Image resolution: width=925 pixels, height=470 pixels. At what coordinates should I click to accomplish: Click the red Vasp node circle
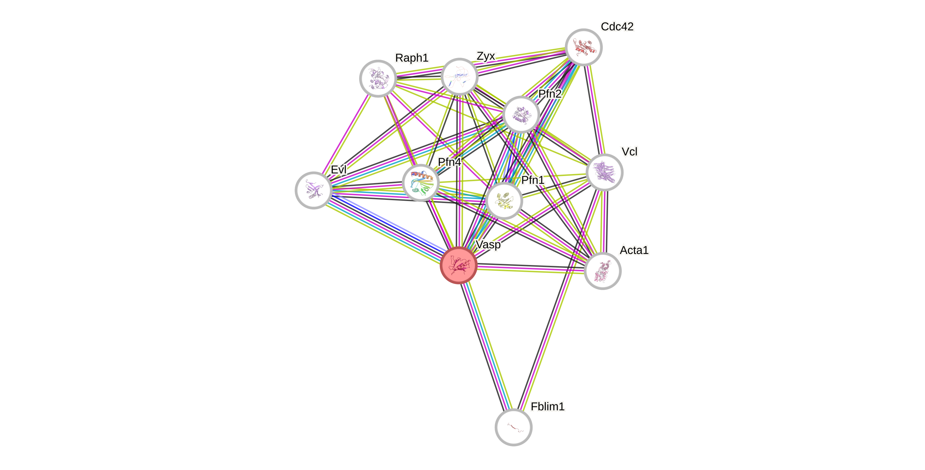point(459,265)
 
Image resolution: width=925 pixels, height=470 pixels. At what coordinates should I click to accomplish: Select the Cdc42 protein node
point(583,47)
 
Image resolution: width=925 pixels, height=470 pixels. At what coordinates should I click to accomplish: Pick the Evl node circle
point(313,190)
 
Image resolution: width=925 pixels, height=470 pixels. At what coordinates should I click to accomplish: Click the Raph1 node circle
point(378,78)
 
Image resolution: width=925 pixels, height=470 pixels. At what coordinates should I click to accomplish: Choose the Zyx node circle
point(459,76)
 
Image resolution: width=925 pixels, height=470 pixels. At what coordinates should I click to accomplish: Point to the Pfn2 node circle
point(521,115)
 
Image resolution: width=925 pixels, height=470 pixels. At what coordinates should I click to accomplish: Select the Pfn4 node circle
point(421,183)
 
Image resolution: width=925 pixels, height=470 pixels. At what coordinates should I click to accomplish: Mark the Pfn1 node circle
point(504,200)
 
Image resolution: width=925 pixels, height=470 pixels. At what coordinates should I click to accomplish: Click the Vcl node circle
point(604,172)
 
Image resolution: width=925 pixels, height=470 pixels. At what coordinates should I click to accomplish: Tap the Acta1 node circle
point(603,271)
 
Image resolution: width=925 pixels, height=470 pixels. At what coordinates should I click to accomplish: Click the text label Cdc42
point(617,26)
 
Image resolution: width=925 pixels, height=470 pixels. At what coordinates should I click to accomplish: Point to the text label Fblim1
point(548,406)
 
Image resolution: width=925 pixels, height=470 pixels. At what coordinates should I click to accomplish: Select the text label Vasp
point(488,245)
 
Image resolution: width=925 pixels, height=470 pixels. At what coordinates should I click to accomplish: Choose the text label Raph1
point(411,58)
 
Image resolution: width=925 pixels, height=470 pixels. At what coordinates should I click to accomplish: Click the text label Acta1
point(634,250)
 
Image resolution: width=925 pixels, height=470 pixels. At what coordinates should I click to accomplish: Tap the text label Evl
point(339,169)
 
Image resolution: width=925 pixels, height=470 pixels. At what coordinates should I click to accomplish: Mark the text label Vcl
point(629,152)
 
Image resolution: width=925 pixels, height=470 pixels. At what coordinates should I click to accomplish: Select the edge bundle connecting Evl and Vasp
point(386,228)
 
